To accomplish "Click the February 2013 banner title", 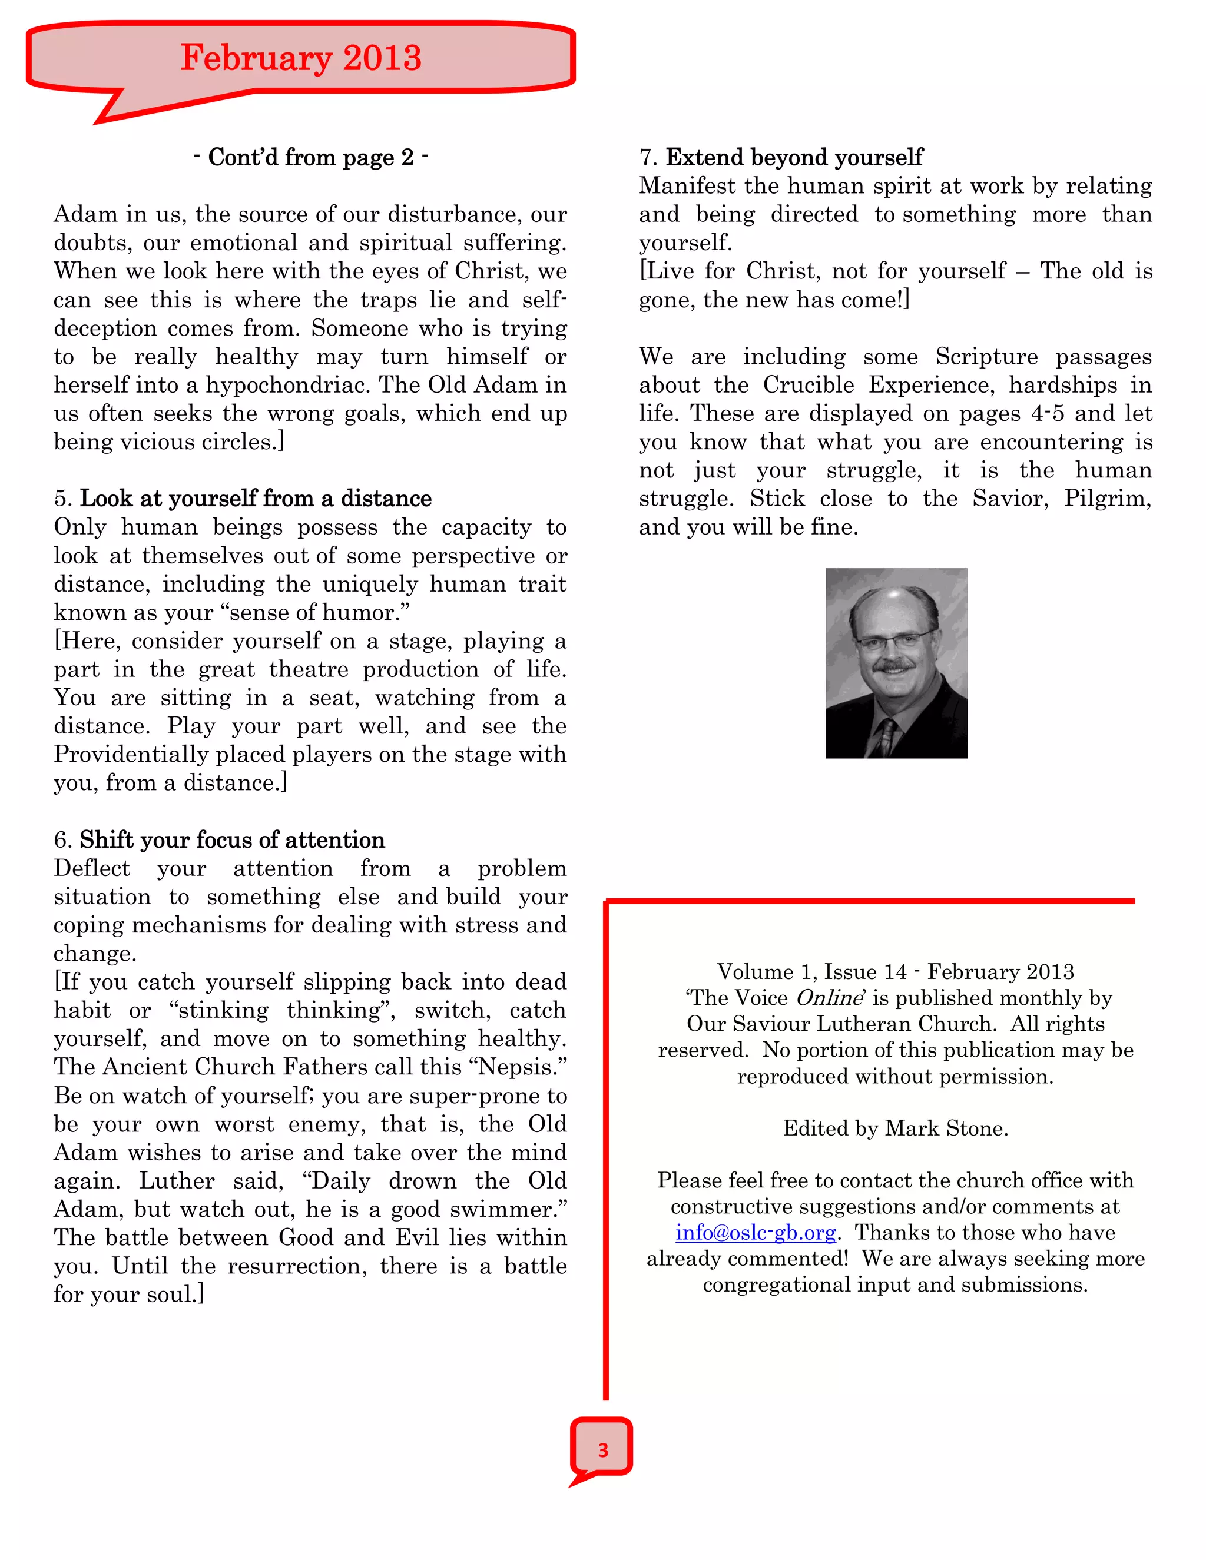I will (300, 58).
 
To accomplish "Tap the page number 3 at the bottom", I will (603, 1449).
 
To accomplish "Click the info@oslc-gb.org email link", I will (755, 1232).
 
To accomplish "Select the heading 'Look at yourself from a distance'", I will (255, 499).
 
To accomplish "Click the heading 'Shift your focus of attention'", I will (231, 839).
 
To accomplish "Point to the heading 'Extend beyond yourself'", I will (794, 157).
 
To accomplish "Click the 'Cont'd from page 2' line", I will (311, 157).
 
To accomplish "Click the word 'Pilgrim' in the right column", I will (1105, 499).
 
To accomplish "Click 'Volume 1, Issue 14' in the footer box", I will (811, 971).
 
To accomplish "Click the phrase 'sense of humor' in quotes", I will (339, 613).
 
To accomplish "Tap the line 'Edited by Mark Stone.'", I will (895, 1128).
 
